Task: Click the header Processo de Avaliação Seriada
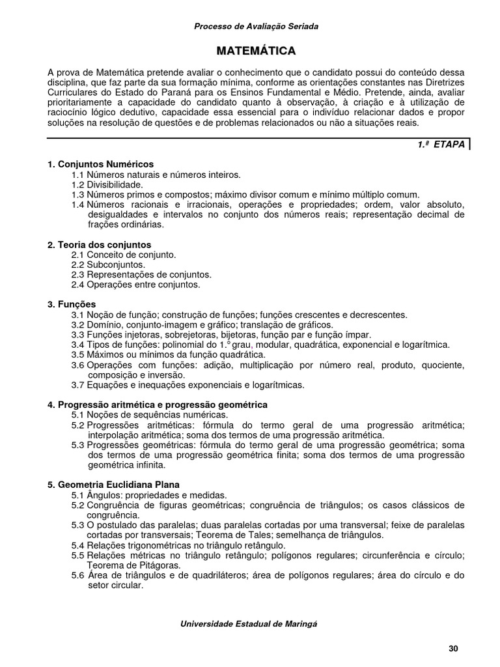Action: tap(257, 26)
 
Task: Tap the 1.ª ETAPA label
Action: tap(441, 145)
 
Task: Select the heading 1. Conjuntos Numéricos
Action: tap(101, 164)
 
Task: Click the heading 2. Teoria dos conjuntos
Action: tap(100, 244)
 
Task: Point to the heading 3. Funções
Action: tap(72, 304)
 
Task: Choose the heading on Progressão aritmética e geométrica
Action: tap(158, 404)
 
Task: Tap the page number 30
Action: tap(454, 648)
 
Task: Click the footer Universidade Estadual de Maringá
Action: tap(248, 623)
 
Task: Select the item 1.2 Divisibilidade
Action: tap(107, 184)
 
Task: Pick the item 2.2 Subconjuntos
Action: tap(108, 264)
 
